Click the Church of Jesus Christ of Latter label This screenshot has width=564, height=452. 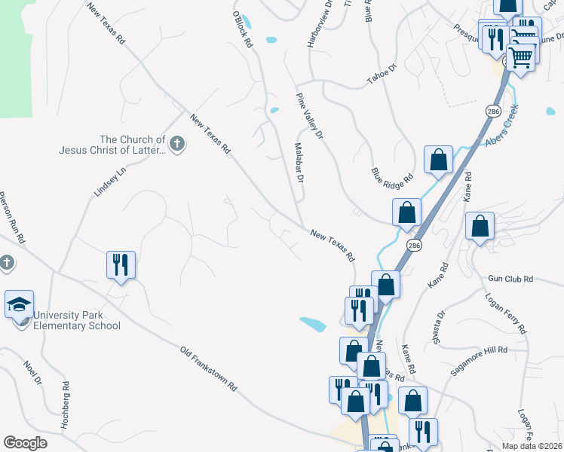(112, 145)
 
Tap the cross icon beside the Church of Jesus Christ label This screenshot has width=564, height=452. (177, 143)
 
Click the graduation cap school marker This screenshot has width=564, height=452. (19, 304)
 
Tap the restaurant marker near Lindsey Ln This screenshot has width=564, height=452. (121, 264)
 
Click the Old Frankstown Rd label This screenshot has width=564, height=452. (209, 368)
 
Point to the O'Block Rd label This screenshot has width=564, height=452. (242, 30)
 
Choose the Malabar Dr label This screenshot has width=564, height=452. (297, 163)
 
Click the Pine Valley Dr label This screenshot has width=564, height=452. (309, 116)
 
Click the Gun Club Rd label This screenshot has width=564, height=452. (510, 279)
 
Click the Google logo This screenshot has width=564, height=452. (26, 442)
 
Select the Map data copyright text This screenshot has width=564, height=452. (532, 446)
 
